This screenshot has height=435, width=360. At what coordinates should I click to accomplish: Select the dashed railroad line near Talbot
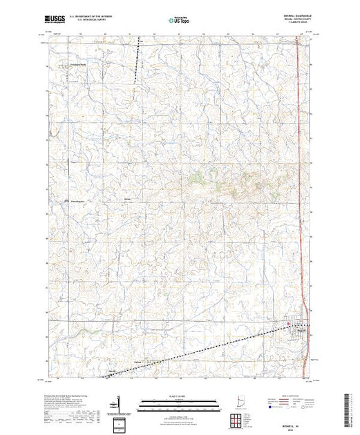tap(180, 356)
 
